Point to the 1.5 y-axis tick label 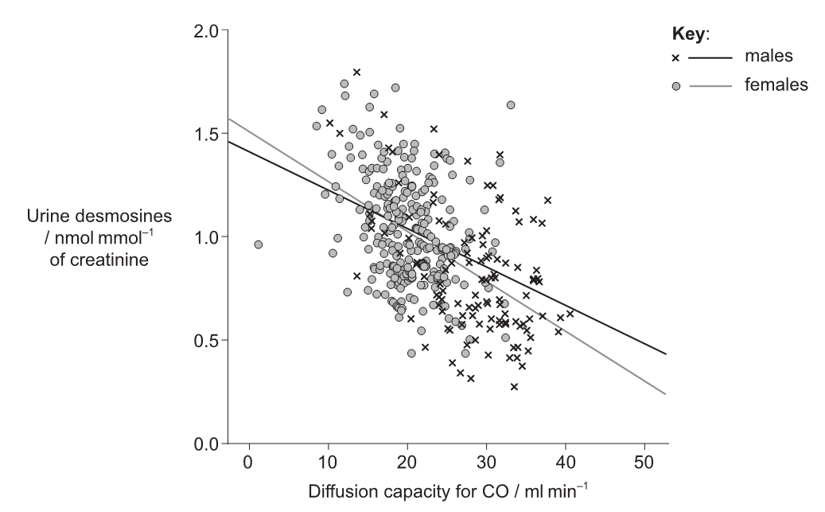tap(208, 134)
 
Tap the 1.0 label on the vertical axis tap(208, 237)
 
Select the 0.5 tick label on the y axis tap(208, 340)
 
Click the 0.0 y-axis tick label tap(208, 444)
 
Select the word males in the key tap(769, 57)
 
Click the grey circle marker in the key tap(675, 85)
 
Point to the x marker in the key tap(675, 58)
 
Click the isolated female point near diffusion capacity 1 tap(258, 244)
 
